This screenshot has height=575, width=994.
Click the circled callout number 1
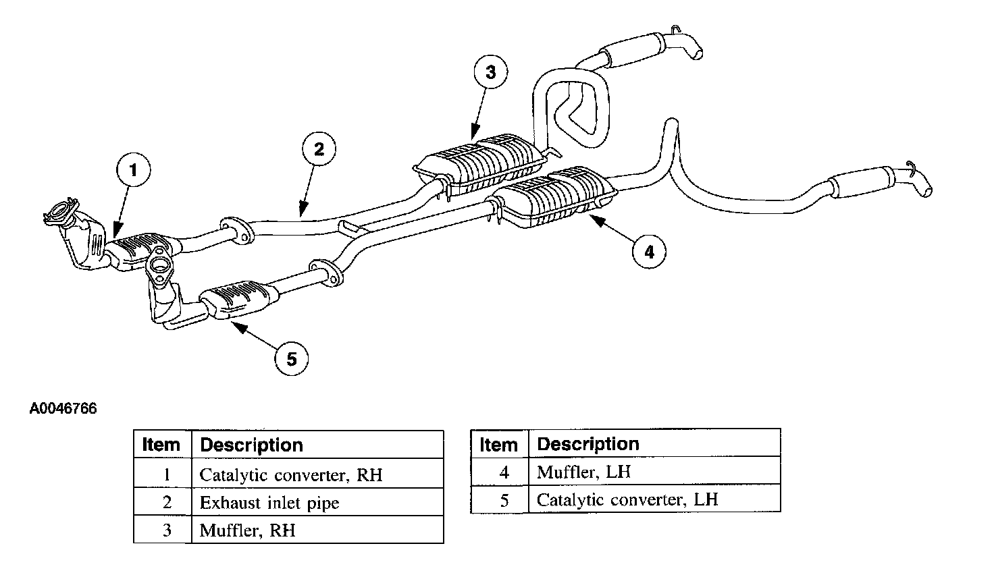[133, 171]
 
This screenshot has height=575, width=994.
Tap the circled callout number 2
[319, 148]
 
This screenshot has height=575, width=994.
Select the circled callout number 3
[491, 73]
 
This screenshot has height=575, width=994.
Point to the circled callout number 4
[649, 252]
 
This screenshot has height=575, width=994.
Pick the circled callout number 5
[292, 359]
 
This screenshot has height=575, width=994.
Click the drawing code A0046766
[63, 409]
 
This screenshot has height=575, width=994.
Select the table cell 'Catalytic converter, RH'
[291, 475]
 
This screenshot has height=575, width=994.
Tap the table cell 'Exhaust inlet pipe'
[269, 503]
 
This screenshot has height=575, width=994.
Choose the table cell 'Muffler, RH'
[248, 530]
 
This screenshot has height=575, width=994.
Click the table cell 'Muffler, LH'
[583, 472]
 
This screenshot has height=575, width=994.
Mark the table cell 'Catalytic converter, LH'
[627, 500]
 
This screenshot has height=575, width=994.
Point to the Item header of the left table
[162, 445]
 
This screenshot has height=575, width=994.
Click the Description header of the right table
[588, 444]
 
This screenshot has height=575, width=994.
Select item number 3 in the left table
[167, 530]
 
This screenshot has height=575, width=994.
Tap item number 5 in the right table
[504, 500]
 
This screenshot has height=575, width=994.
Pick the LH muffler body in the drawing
[557, 196]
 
